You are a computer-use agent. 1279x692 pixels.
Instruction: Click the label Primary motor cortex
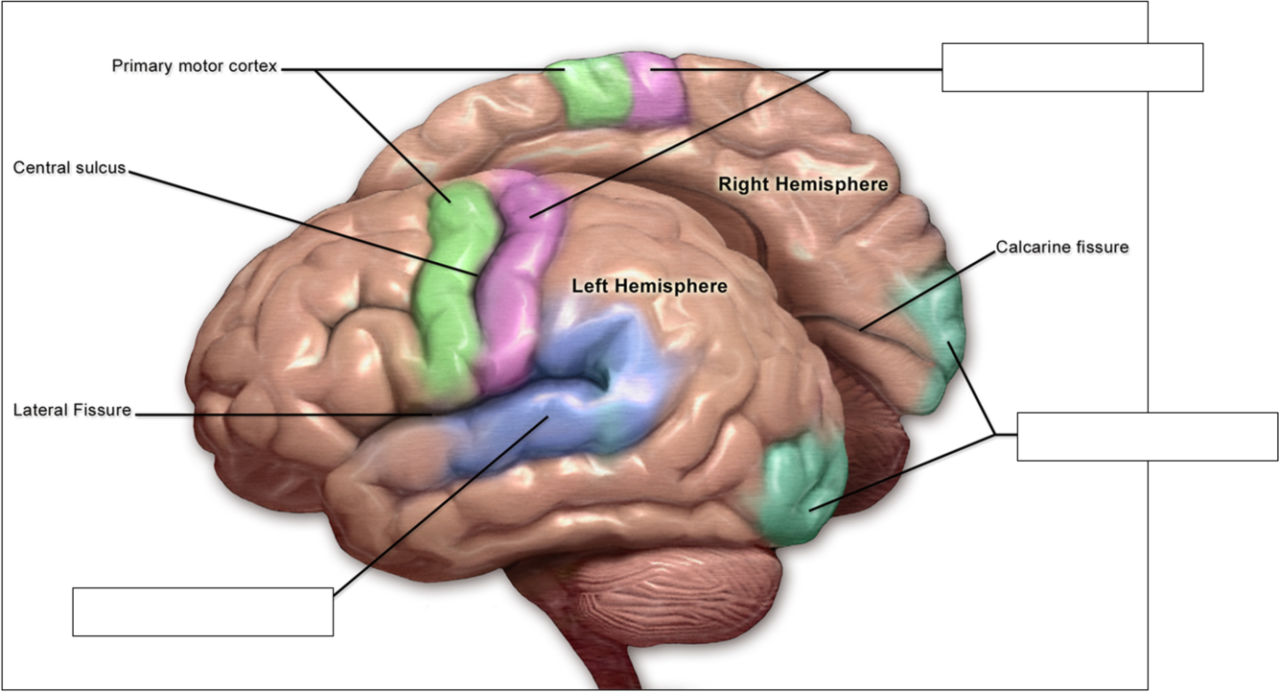(x=194, y=67)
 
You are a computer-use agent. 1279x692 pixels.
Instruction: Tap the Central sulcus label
(x=69, y=168)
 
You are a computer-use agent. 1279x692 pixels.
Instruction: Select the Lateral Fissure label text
(x=72, y=411)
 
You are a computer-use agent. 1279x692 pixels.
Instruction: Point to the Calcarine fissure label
(x=1062, y=248)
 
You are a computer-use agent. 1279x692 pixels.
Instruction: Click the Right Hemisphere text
(x=803, y=184)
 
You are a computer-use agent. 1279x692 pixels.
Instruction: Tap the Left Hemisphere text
(x=649, y=286)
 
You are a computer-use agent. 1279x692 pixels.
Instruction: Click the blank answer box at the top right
(x=1072, y=67)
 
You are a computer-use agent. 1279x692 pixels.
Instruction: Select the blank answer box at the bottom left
(x=203, y=611)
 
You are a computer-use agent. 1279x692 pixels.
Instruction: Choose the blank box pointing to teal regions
(x=1147, y=437)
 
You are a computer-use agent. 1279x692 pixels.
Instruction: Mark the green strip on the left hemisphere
(x=447, y=288)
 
